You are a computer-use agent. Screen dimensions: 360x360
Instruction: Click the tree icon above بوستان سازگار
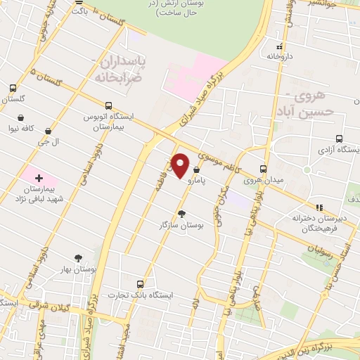coord(181,213)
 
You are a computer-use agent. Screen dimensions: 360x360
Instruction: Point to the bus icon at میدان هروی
coord(264,169)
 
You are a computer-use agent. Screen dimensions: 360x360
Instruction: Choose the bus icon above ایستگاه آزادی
coord(340,139)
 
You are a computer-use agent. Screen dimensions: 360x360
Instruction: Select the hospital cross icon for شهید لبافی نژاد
coord(39,178)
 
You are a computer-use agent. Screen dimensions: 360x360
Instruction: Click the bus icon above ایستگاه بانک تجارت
coord(140,284)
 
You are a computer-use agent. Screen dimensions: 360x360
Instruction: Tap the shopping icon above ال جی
coord(48,131)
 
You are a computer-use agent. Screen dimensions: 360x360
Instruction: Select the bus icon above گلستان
coord(13,89)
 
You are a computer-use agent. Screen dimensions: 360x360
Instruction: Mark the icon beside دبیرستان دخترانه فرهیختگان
coord(319,208)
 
